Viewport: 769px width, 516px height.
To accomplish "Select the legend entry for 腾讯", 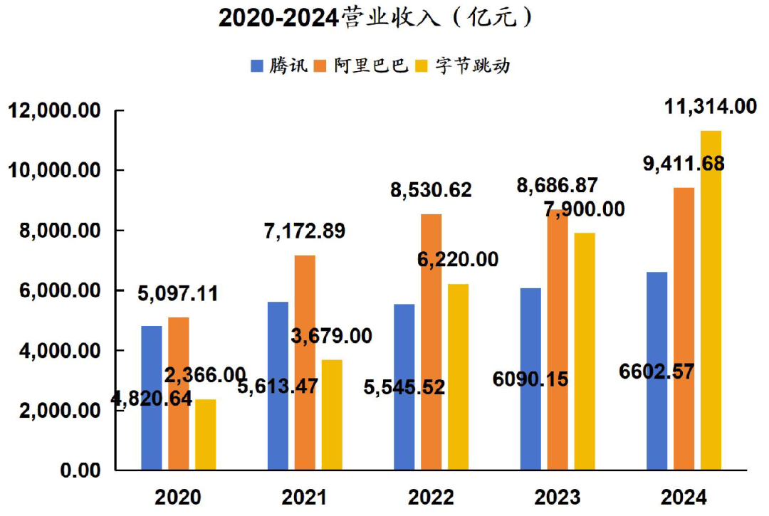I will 280,66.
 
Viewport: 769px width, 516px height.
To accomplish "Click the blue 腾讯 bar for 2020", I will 151,398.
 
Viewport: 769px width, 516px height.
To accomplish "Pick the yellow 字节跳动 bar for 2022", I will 458,377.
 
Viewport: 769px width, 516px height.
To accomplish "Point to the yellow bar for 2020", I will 205,434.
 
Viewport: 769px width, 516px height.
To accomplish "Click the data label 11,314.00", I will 710,107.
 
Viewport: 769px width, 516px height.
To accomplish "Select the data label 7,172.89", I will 304,231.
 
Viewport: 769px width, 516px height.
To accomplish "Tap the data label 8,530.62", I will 431,190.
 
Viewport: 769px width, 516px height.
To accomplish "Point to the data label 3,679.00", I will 332,337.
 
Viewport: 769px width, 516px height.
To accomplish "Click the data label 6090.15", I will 530,379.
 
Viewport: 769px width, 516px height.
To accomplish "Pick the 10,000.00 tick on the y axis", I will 54,171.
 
